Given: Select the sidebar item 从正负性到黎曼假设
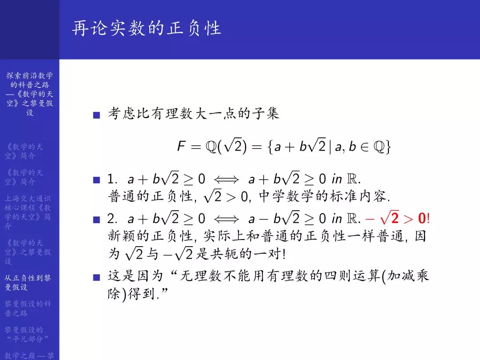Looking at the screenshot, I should tap(28, 282).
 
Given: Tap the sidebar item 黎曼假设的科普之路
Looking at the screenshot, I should tap(28, 308).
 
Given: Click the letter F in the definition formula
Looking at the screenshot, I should tap(181, 147).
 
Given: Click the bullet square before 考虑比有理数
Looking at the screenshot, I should tap(96, 115).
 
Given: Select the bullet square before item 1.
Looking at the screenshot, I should tap(96, 180).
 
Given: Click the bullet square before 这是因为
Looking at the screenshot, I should tap(96, 278).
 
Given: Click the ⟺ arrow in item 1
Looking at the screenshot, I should tap(227, 180).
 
